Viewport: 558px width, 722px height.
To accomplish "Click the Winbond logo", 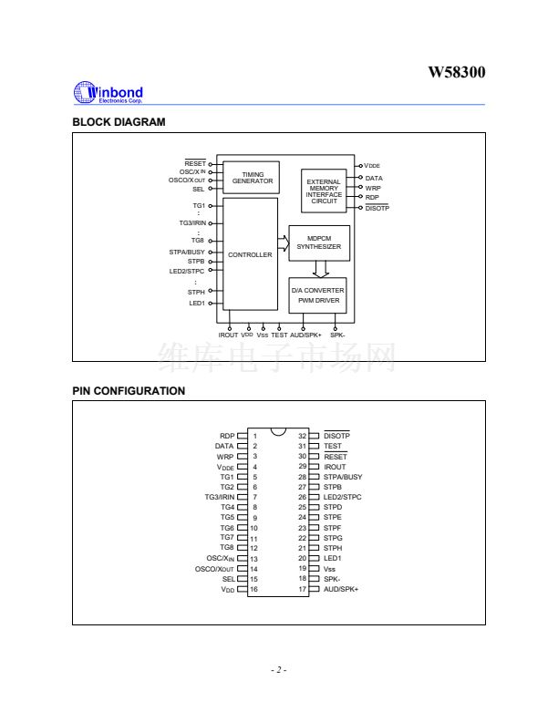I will [108, 92].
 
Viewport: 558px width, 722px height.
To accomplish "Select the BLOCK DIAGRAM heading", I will [119, 122].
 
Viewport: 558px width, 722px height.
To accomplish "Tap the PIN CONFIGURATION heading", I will [129, 391].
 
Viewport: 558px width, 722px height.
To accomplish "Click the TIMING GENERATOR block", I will [253, 178].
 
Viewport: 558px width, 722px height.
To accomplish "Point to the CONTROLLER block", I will [250, 254].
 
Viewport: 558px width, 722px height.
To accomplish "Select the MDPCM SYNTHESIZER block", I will [319, 242].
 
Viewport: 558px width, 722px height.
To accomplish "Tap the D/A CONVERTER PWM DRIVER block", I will [318, 294].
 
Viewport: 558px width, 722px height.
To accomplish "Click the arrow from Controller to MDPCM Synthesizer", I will [284, 243].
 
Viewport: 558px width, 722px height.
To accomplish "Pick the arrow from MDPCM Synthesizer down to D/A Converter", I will [320, 269].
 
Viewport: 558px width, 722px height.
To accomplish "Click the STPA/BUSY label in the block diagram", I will [187, 252].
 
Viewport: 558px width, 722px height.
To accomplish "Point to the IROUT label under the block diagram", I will [228, 335].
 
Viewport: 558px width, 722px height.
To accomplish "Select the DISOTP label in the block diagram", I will [377, 208].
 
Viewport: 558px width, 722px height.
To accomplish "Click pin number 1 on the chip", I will [255, 436].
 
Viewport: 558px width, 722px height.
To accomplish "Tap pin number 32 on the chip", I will [303, 436].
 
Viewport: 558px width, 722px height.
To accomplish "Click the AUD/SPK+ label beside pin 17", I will [341, 589].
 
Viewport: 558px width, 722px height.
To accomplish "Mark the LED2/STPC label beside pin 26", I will [343, 497].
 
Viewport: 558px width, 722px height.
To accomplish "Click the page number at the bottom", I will [279, 670].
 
